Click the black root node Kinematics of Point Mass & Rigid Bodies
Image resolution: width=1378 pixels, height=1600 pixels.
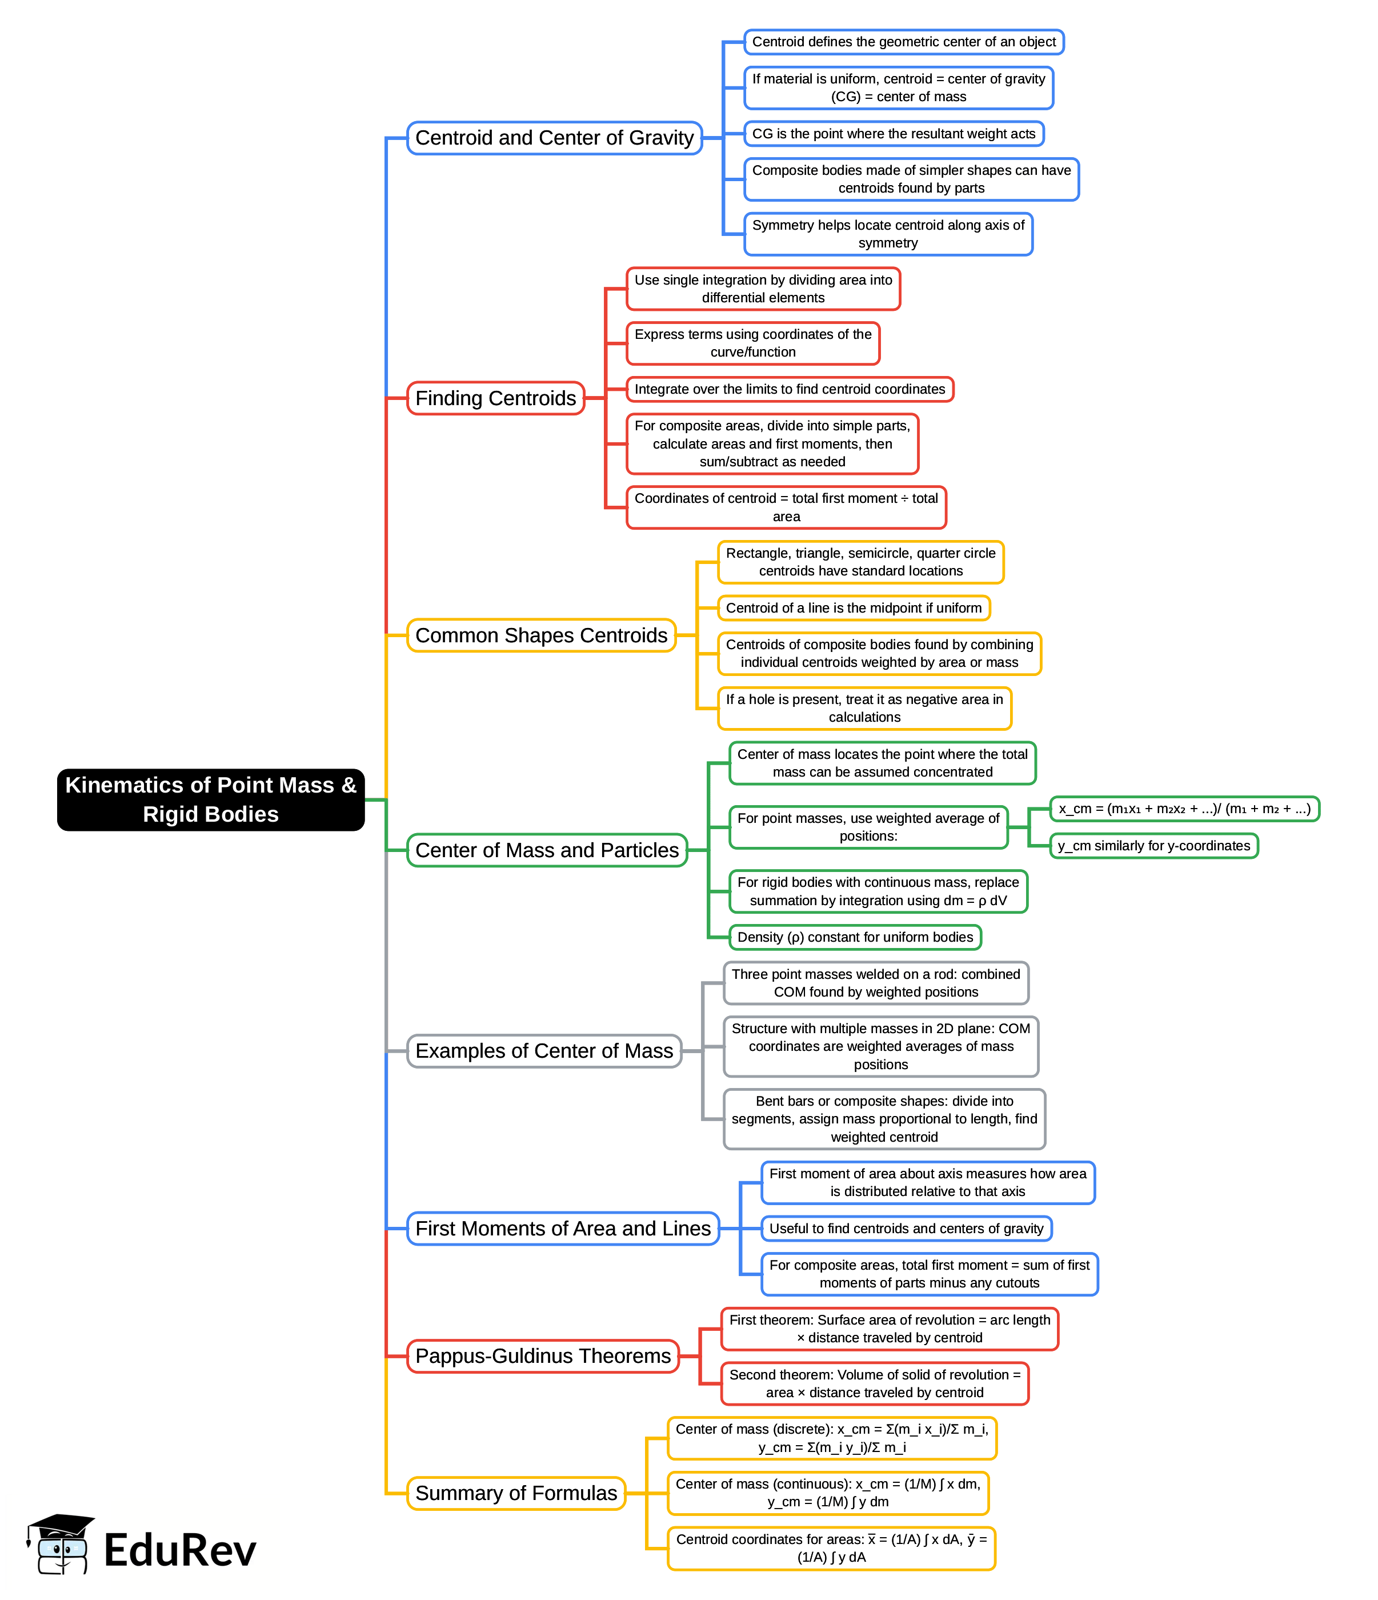210,799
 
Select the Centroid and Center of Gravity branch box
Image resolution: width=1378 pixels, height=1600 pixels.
554,138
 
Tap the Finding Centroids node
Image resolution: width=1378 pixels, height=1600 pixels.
496,398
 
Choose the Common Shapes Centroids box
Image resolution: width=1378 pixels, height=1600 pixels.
541,635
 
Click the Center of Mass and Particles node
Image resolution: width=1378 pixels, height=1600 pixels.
547,850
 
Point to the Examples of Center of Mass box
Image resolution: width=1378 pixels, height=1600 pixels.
544,1051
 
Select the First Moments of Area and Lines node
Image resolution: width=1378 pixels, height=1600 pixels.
563,1229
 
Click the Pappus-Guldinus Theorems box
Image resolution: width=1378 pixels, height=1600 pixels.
543,1356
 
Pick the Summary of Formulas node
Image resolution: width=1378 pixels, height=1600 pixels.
516,1494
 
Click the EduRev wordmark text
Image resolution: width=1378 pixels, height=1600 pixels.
180,1551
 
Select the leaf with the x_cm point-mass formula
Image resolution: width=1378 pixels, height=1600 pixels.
1184,809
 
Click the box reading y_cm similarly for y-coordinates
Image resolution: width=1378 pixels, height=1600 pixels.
1153,846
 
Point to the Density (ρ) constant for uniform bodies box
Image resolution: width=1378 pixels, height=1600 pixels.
855,938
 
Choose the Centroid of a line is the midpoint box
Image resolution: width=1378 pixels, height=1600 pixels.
853,609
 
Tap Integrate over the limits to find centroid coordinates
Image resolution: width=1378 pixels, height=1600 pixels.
790,389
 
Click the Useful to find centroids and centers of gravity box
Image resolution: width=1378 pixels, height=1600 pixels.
906,1229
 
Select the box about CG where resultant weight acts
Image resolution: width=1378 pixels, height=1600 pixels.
893,134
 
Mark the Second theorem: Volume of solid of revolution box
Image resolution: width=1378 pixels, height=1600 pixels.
875,1384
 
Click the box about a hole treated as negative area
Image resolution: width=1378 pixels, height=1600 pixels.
864,708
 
